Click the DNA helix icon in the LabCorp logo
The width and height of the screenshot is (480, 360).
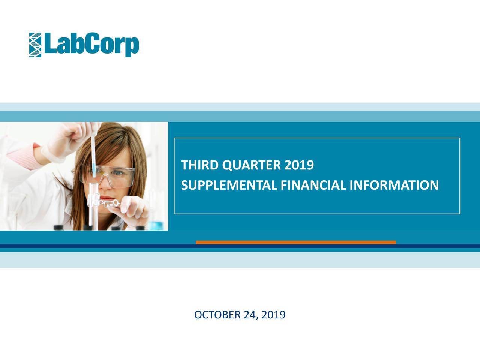point(35,45)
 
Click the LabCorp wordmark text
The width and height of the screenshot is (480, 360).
point(91,45)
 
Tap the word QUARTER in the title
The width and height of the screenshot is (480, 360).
point(252,165)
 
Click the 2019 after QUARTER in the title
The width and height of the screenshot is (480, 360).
point(299,165)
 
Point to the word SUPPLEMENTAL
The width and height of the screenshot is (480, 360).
point(229,185)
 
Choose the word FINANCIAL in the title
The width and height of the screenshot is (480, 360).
point(313,185)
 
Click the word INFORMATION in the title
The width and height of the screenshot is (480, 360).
point(394,185)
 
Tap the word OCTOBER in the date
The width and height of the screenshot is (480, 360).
point(217,315)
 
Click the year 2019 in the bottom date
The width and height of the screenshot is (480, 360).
point(273,315)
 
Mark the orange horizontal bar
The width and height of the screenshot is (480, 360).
point(296,242)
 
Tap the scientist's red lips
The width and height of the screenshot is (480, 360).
point(107,198)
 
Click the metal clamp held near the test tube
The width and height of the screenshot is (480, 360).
point(105,203)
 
